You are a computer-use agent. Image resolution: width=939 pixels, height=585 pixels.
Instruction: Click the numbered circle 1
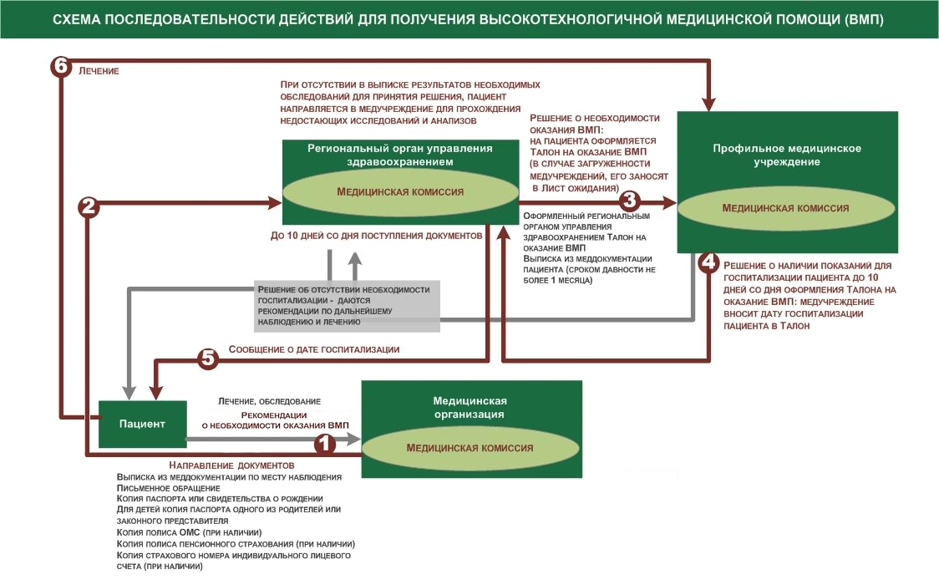coord(324,444)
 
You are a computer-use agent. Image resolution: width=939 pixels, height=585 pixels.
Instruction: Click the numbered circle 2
coord(89,207)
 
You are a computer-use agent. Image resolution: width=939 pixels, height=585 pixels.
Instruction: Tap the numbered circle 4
coord(708,262)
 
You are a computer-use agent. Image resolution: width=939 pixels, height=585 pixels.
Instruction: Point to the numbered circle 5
coord(208,359)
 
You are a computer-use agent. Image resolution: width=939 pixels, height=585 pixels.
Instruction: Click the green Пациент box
coord(140,424)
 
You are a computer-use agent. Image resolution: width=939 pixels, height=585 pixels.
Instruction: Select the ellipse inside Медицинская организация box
coord(469,448)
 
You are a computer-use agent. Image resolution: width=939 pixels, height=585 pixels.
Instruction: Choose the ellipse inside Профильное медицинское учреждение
coord(785,208)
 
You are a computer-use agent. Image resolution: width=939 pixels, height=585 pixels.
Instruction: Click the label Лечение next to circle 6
coord(99,72)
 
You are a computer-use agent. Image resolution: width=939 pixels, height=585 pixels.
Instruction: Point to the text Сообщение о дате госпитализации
coord(313,349)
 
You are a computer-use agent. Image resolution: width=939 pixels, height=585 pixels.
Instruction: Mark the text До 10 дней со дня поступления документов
coord(376,237)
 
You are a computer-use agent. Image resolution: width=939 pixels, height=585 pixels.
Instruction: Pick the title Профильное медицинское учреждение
coord(786,155)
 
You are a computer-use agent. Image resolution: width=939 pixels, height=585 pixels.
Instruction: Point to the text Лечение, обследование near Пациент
coord(269,402)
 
